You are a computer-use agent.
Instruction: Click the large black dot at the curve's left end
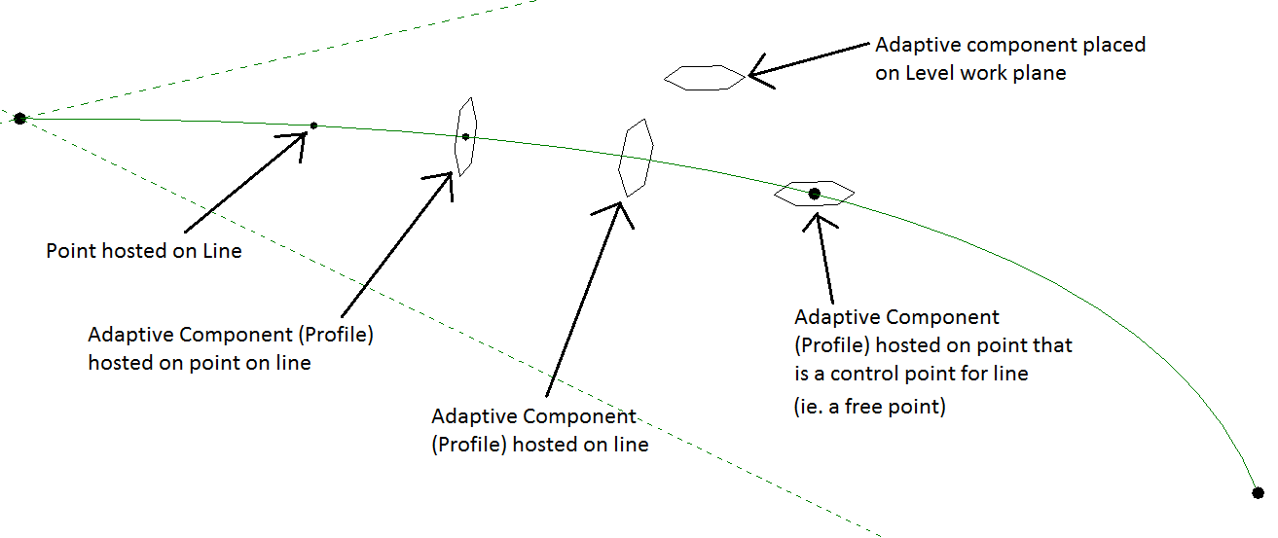(x=19, y=119)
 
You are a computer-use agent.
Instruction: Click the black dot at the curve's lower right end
(x=1258, y=493)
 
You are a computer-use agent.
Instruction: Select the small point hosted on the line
(x=313, y=126)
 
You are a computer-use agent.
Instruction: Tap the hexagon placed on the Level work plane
(x=704, y=78)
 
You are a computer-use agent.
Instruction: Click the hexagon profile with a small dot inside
(x=466, y=137)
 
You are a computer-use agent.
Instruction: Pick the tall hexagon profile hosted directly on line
(x=636, y=159)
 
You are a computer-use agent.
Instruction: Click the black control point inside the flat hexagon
(x=815, y=195)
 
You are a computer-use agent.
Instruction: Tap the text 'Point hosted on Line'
(x=144, y=251)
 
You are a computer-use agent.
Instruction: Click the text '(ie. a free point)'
(x=870, y=407)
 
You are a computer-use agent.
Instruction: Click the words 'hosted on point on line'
(x=200, y=363)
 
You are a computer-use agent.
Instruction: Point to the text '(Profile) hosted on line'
(x=540, y=445)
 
